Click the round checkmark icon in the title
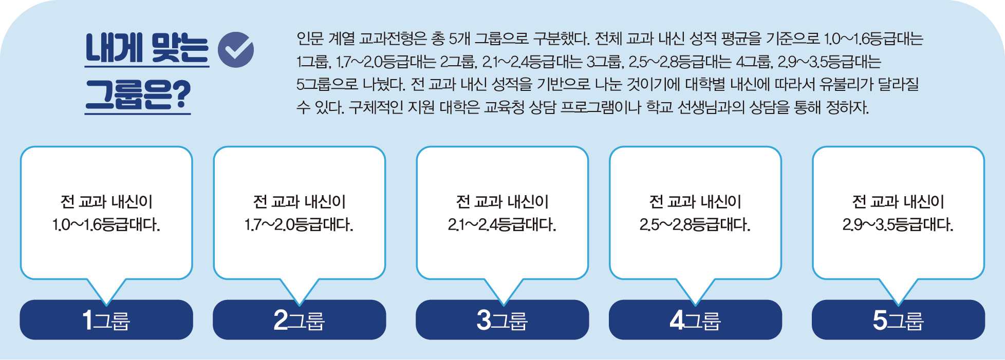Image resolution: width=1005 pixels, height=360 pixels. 236,50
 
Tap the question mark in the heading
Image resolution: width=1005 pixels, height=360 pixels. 180,94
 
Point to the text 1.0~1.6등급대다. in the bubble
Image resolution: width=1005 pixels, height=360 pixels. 106,225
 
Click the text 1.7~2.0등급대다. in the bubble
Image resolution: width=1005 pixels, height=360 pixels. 299,225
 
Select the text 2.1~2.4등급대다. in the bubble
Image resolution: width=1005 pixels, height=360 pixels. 502,225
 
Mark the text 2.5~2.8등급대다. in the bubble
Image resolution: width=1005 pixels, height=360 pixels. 695,225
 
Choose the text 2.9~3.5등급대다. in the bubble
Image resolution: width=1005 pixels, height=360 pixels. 898,225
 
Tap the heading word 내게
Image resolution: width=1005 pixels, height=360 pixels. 114,48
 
